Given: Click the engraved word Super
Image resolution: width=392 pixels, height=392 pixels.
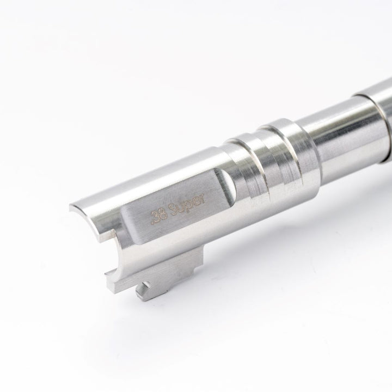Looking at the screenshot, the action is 187,205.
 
